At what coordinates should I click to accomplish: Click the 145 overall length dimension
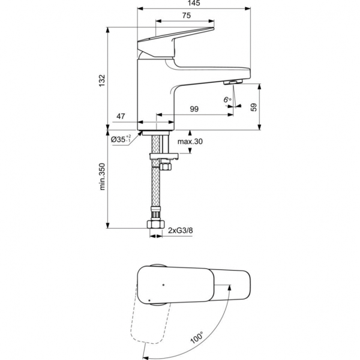tap(194, 4)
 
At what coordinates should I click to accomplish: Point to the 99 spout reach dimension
tap(194, 109)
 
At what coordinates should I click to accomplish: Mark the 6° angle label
tap(227, 99)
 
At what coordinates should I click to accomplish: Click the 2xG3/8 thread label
tap(180, 230)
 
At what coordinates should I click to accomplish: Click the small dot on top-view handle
tap(163, 281)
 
